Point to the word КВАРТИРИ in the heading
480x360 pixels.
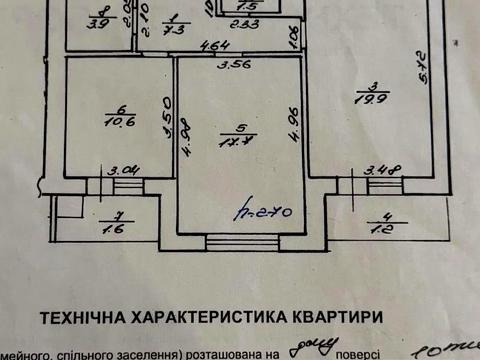(x=337, y=318)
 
